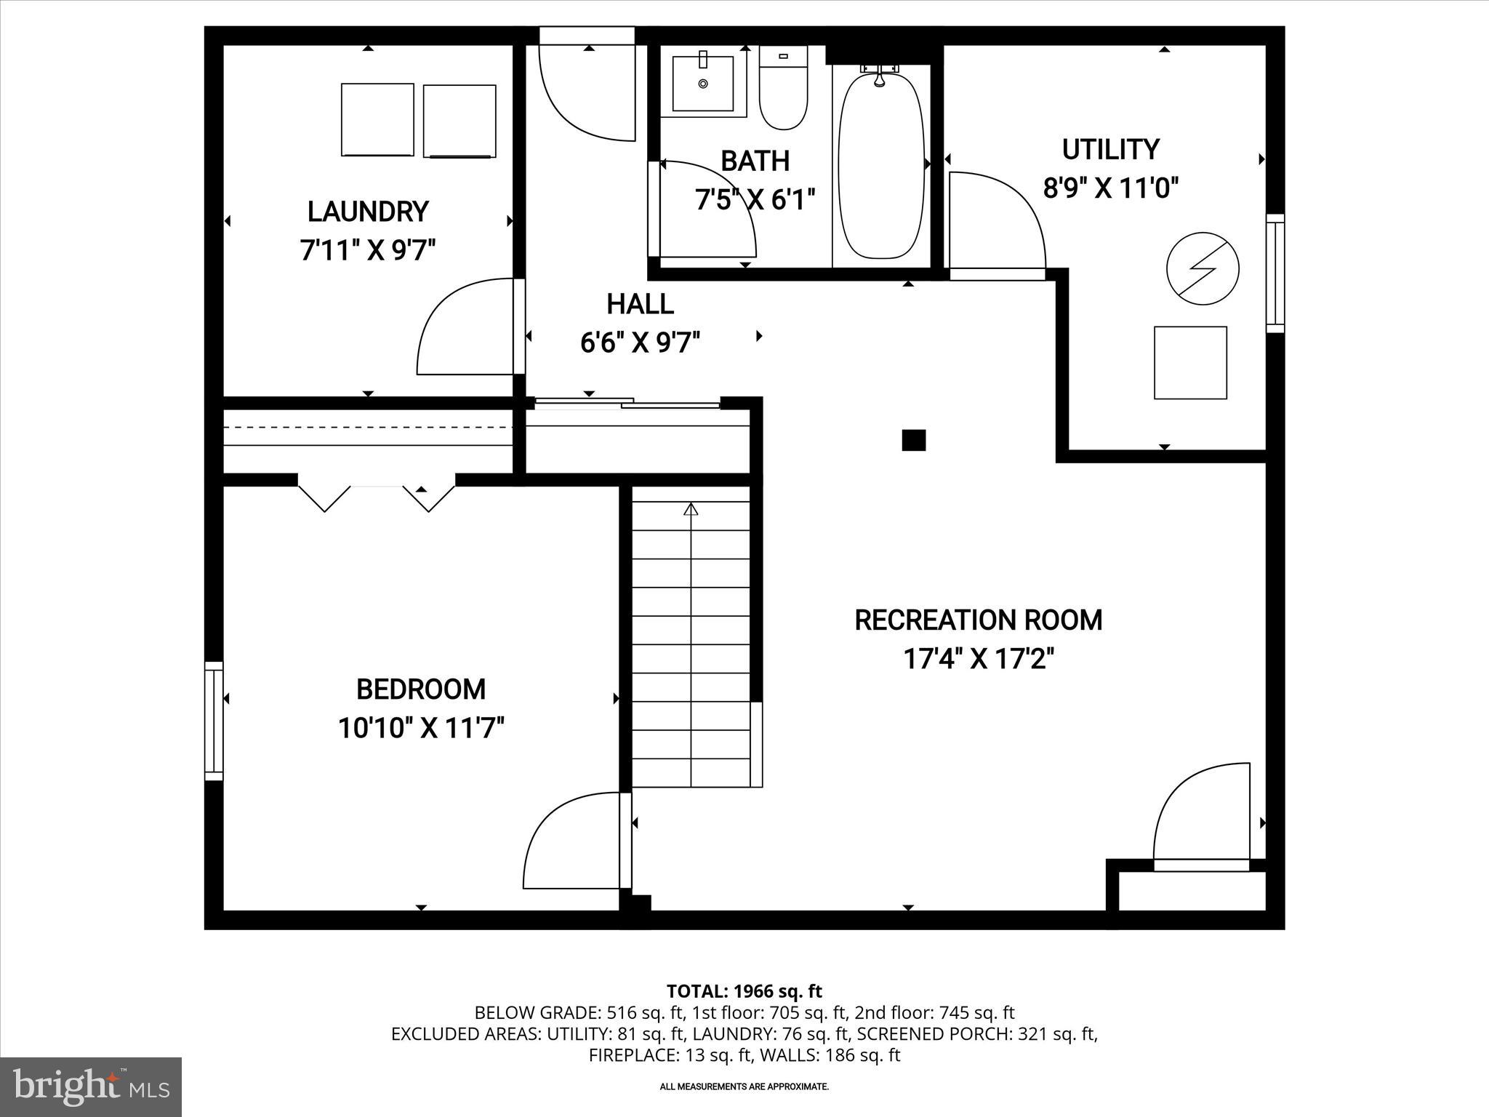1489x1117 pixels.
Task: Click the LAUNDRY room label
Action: coord(368,212)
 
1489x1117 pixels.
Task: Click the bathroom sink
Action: coord(703,84)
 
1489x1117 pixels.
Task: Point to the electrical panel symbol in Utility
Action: coord(1202,268)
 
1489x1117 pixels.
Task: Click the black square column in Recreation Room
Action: coord(913,440)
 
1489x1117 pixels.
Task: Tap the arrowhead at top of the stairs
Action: coord(691,509)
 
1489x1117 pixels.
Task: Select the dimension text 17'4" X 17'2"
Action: coord(978,659)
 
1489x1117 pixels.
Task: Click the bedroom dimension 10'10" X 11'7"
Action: coord(421,727)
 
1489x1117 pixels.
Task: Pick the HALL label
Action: coord(640,304)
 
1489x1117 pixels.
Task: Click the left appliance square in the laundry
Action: coord(377,119)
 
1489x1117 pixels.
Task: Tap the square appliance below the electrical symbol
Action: coord(1190,363)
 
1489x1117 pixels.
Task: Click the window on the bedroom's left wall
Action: coord(213,721)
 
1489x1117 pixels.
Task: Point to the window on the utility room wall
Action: coord(1275,273)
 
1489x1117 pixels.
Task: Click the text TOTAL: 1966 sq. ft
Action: coord(744,991)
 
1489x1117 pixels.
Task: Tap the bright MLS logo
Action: coord(91,1086)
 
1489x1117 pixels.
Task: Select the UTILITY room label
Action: coord(1109,149)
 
